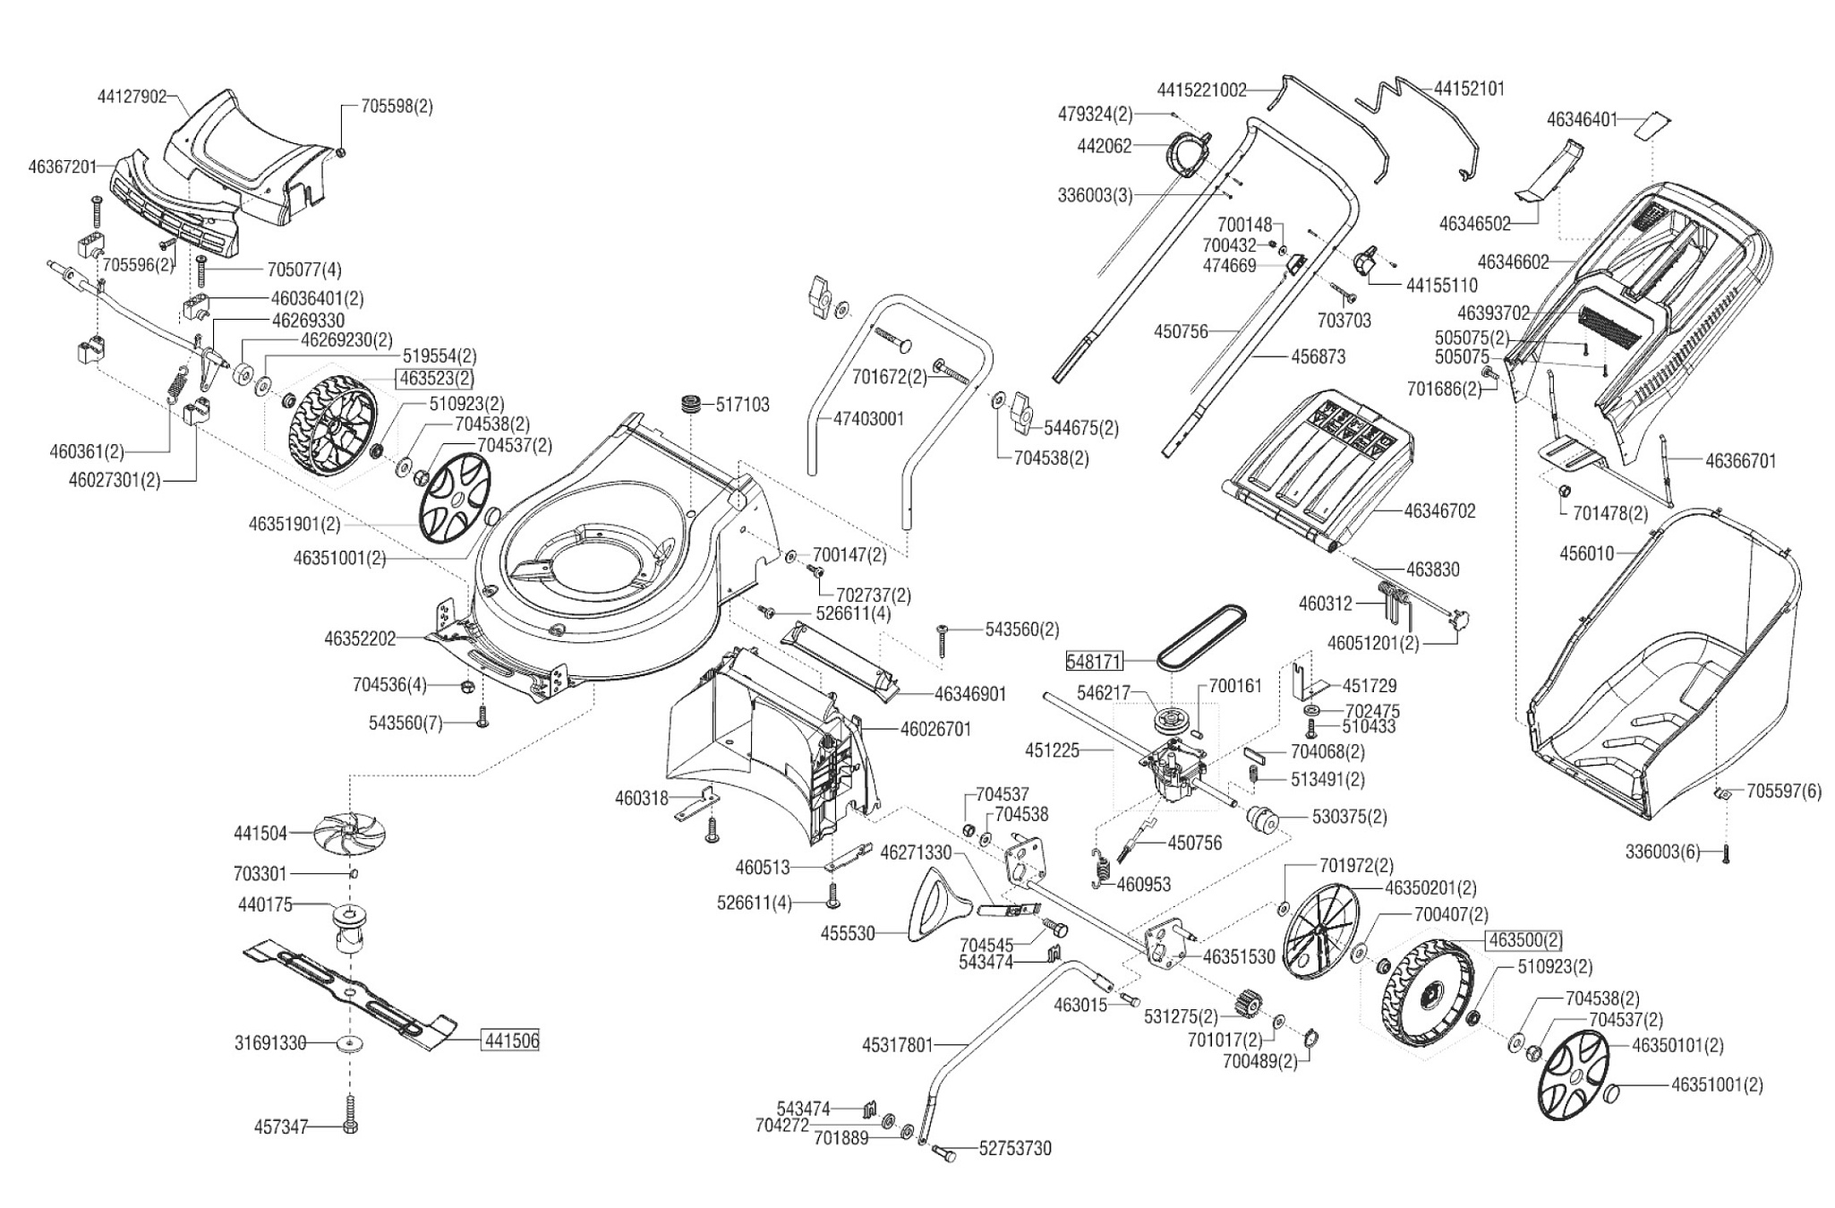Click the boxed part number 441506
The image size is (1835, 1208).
coord(511,1041)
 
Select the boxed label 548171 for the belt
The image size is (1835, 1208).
coord(1093,661)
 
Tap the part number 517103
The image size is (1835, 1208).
coord(742,405)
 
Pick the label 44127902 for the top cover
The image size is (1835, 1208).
coord(132,97)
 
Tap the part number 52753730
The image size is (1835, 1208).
coord(1015,1148)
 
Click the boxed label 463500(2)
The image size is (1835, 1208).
coord(1524,940)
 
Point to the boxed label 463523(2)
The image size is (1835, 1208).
coord(437,378)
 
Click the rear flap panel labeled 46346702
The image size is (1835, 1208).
coord(1316,466)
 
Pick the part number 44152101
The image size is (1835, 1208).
coord(1469,89)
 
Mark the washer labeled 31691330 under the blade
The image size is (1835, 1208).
coord(349,1042)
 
